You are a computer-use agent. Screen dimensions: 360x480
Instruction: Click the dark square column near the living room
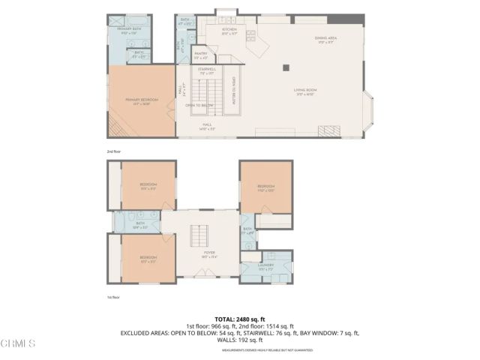point(285,67)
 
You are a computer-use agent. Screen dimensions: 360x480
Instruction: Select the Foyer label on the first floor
point(210,254)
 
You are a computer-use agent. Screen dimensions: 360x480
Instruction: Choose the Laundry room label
point(266,266)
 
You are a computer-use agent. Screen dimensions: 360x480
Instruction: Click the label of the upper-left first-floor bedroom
point(148,186)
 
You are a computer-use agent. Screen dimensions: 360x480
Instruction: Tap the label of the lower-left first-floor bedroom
point(148,259)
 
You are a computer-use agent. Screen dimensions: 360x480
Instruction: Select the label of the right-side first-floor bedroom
point(266,187)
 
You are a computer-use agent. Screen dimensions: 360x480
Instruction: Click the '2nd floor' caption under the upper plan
point(114,151)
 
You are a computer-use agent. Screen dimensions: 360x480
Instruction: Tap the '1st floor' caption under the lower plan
point(113,298)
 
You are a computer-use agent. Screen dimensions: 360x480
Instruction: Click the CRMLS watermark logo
point(18,343)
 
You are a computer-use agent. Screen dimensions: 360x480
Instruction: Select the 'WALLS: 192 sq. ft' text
point(240,341)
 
